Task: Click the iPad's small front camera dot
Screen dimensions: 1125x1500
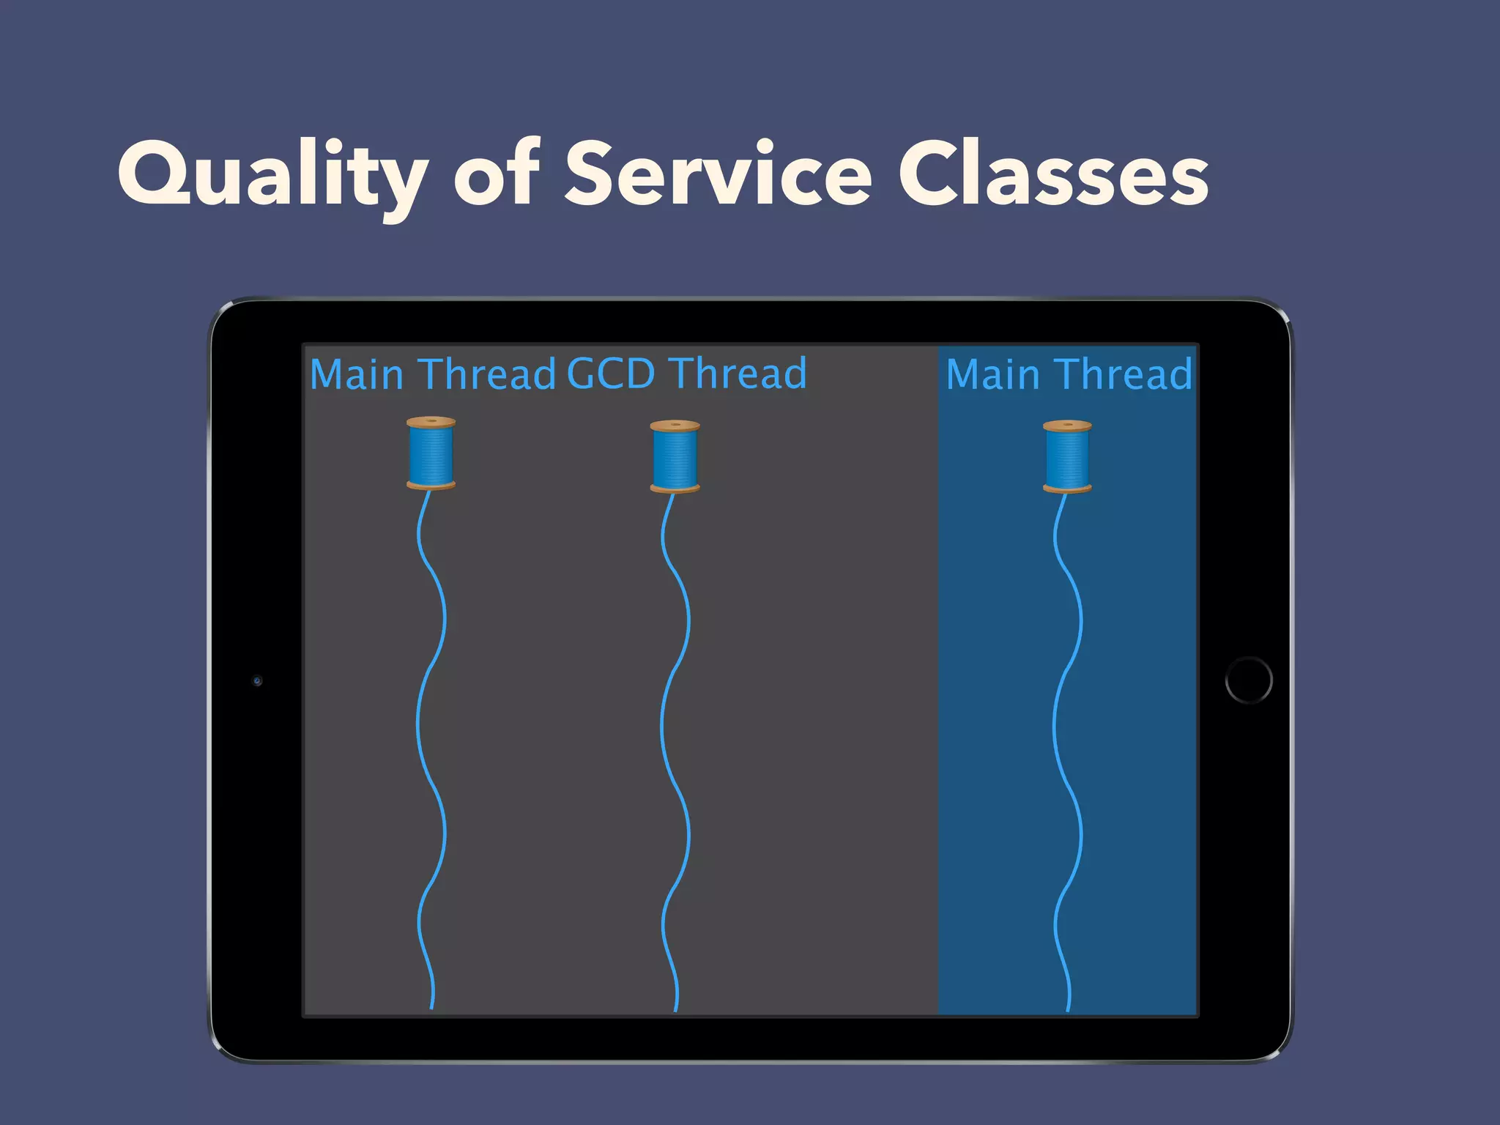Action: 257,681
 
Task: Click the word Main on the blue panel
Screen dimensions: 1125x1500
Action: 992,374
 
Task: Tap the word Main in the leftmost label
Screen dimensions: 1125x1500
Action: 357,374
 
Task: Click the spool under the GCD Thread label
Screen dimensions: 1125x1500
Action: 675,456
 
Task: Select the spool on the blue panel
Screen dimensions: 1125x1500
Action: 1067,456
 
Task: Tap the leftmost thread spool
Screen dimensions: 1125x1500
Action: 431,453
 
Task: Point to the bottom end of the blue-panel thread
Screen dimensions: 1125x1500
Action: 1068,1010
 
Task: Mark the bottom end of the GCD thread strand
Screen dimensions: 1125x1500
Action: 675,1010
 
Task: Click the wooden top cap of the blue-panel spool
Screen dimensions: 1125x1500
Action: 1067,426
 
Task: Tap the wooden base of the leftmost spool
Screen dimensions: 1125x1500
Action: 431,485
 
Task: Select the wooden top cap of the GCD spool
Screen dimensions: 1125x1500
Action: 675,426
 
